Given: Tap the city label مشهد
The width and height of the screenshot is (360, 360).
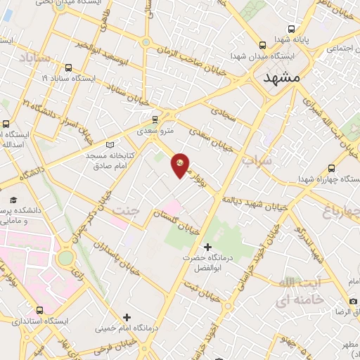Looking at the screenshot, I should tap(281, 79).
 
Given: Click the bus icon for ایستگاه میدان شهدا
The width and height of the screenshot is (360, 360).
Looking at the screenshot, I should tap(262, 42).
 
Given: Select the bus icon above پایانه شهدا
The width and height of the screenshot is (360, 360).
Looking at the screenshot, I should tap(292, 30).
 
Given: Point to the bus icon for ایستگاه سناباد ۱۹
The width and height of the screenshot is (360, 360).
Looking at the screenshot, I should tap(68, 68).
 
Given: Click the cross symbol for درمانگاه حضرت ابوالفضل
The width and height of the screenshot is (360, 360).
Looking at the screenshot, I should tap(207, 247).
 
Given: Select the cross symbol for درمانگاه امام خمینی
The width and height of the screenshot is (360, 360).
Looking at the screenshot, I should tap(127, 317).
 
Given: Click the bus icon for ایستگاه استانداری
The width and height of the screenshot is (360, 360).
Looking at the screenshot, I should tap(39, 309).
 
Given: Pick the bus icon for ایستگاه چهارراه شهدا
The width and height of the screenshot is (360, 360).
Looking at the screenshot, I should tap(331, 169).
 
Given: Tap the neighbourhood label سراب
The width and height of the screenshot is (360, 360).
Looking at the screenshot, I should tap(257, 161).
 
